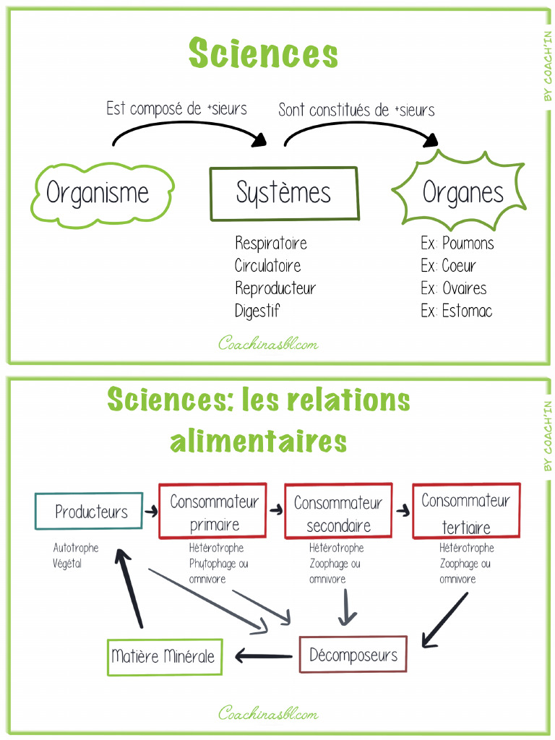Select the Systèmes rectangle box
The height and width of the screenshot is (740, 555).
(x=283, y=194)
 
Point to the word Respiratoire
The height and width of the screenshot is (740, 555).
(x=271, y=243)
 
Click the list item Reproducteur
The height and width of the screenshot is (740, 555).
(x=275, y=288)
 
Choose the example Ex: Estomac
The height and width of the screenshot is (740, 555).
(x=457, y=311)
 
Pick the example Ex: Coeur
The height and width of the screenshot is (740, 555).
(x=449, y=266)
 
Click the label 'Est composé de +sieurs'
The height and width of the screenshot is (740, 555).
(x=176, y=109)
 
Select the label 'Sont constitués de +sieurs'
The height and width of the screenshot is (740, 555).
(x=356, y=110)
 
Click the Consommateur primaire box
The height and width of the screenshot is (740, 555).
(x=214, y=512)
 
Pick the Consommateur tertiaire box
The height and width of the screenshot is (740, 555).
(x=465, y=512)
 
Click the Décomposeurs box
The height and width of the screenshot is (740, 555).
(x=353, y=655)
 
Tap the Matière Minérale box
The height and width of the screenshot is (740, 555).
(x=164, y=656)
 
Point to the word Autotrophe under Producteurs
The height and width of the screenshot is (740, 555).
(x=76, y=548)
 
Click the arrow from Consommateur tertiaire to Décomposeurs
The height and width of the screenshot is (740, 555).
(x=444, y=619)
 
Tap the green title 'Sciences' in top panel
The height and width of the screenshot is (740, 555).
(x=263, y=54)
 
